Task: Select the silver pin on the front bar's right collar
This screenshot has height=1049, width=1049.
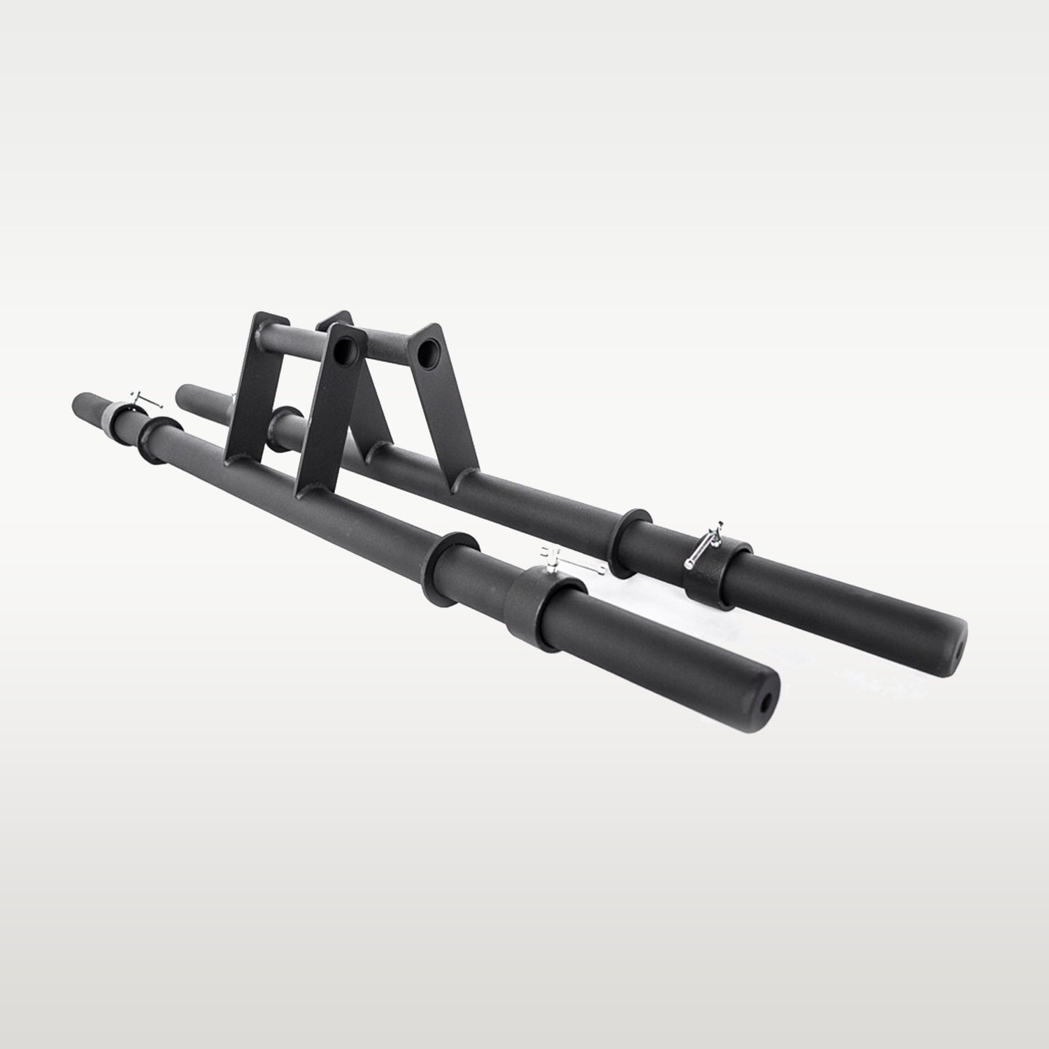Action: (x=573, y=563)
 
